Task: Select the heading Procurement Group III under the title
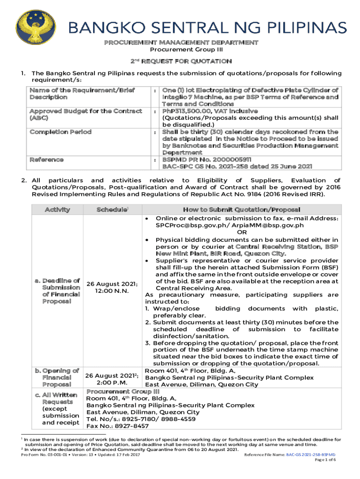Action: click(180, 50)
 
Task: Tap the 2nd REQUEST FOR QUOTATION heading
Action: click(180, 61)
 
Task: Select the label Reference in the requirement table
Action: click(47, 160)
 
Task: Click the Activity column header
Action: click(57, 210)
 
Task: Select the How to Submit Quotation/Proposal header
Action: click(242, 210)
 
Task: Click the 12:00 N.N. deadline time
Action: click(111, 291)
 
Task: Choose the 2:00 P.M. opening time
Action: click(111, 382)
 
